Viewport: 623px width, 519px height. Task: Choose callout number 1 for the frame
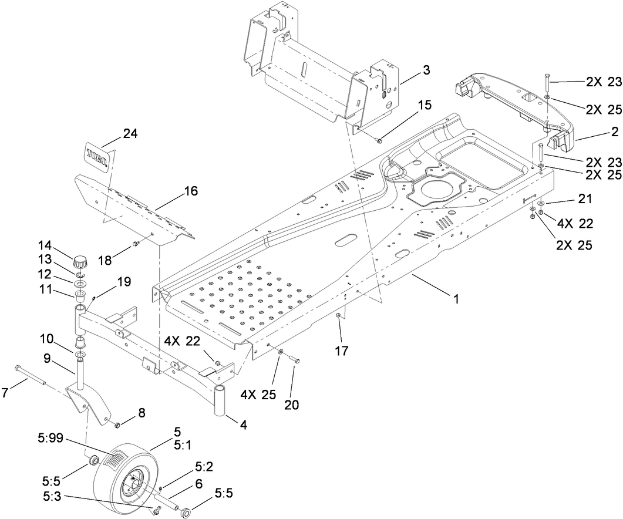456,298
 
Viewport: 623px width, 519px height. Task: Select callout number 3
425,70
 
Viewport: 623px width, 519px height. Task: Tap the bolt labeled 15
379,140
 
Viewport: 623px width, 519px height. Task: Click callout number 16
191,191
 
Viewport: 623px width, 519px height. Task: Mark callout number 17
342,352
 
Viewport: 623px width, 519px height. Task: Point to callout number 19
124,281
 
